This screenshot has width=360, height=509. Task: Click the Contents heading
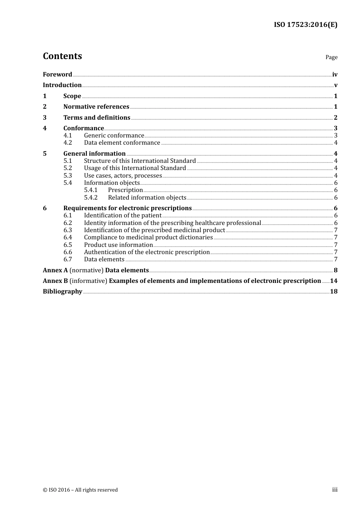click(63, 56)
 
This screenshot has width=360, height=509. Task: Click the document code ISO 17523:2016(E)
click(305, 25)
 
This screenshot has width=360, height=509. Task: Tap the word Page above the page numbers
click(331, 57)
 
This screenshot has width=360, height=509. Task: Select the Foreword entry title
click(58, 75)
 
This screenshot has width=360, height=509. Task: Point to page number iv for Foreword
click(335, 75)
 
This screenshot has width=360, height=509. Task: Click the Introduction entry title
click(62, 85)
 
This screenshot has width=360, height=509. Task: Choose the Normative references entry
click(96, 107)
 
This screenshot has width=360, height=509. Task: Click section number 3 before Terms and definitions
click(45, 118)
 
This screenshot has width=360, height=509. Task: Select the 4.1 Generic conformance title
click(114, 136)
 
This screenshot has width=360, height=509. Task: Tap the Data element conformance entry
click(122, 143)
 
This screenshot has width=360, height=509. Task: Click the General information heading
click(94, 154)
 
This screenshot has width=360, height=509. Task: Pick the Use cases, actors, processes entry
click(123, 176)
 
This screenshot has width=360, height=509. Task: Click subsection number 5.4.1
click(91, 190)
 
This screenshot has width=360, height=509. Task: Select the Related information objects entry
click(147, 198)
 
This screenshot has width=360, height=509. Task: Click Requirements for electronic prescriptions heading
click(127, 208)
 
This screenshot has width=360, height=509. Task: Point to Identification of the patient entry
click(123, 215)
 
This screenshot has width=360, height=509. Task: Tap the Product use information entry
click(118, 245)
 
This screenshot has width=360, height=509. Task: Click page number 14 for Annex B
click(333, 281)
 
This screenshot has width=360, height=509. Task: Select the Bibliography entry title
click(63, 292)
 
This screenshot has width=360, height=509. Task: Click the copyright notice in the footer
click(80, 490)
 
